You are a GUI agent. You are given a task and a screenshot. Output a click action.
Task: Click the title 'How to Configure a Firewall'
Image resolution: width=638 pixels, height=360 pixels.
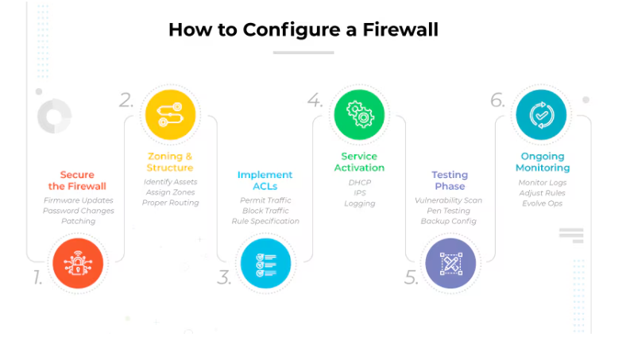coord(304,30)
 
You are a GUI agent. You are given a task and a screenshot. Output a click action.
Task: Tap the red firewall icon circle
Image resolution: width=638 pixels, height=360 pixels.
coord(77,263)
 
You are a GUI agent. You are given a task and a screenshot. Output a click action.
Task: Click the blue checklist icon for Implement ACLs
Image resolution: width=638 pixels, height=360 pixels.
coord(265,263)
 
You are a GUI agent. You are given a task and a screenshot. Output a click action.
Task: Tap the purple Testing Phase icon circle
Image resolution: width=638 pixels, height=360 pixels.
coord(450,263)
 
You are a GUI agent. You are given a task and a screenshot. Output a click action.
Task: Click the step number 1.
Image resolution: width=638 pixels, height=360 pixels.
coord(37,277)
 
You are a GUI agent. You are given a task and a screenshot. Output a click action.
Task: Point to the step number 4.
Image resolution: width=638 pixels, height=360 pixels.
coord(315,100)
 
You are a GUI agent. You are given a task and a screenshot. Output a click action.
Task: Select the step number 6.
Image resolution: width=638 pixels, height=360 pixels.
coord(497,100)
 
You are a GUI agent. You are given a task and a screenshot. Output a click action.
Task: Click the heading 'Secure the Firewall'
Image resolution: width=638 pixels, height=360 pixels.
coord(77,180)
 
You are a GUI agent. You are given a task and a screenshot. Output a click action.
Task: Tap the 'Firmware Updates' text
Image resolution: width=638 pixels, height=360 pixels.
coord(78,200)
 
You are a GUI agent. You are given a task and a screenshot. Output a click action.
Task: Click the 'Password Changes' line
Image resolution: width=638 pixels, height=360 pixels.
coord(78,211)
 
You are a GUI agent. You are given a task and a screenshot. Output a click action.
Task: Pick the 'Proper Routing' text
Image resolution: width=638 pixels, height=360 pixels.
coord(170,203)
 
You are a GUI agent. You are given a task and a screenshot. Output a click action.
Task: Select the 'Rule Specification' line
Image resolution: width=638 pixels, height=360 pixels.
coord(265,221)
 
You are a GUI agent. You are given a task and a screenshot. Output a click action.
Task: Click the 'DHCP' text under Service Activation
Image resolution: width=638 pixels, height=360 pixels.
coord(359,182)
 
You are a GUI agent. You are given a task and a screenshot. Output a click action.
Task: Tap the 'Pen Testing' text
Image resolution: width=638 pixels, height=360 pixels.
coord(450,211)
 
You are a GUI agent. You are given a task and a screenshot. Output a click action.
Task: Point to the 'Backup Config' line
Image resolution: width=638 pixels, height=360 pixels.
coord(450,221)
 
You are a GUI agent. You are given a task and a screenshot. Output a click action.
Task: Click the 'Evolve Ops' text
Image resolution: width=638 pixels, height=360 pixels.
coord(542,203)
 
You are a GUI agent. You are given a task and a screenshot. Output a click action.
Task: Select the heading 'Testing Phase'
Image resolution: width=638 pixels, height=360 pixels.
coord(450,180)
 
